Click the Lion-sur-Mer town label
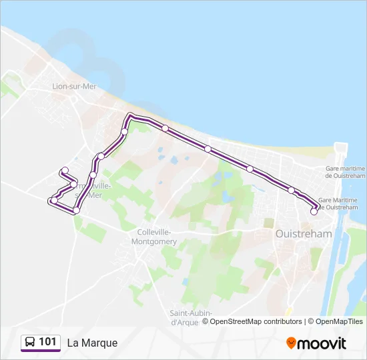pyautogui.click(x=75, y=86)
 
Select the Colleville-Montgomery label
pyautogui.click(x=156, y=237)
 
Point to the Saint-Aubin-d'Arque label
pyautogui.click(x=190, y=317)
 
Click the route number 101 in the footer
pyautogui.click(x=48, y=342)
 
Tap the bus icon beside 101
pyautogui.click(x=30, y=343)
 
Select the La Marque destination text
pyautogui.click(x=92, y=343)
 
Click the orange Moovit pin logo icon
pyautogui.click(x=291, y=343)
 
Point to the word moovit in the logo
pyautogui.click(x=322, y=343)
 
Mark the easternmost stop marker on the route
pyautogui.click(x=314, y=212)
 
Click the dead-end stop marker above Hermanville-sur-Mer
pyautogui.click(x=64, y=170)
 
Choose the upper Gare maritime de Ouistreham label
pyautogui.click(x=345, y=173)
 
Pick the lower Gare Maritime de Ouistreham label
pyautogui.click(x=342, y=204)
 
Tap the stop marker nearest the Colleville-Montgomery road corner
pyautogui.click(x=76, y=210)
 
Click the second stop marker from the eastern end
pyautogui.click(x=292, y=191)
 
